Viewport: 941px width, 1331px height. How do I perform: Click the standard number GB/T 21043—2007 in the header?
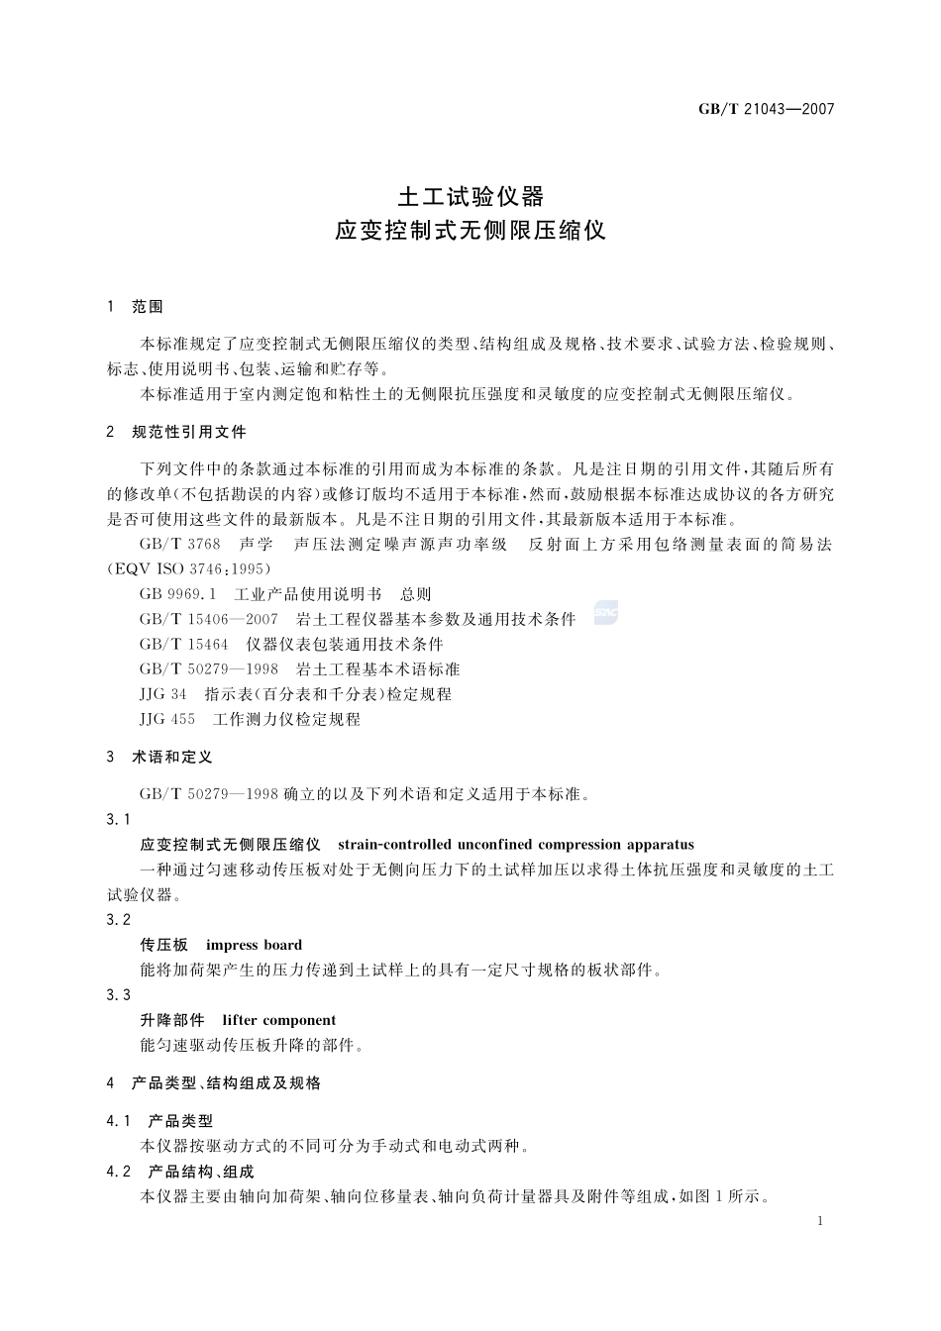pyautogui.click(x=767, y=109)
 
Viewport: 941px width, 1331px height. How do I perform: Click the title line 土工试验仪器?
pyautogui.click(x=470, y=194)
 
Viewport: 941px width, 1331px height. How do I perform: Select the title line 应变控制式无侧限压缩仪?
pyautogui.click(x=470, y=231)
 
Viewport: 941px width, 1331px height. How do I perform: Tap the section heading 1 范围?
pyautogui.click(x=135, y=307)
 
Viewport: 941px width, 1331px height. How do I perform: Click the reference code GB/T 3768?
pyautogui.click(x=180, y=544)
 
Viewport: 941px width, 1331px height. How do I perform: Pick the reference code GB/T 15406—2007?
pyautogui.click(x=209, y=619)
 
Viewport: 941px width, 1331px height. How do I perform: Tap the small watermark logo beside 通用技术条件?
pyautogui.click(x=606, y=613)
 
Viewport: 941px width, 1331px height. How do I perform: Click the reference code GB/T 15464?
pyautogui.click(x=184, y=644)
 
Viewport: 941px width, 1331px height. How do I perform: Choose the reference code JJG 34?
pyautogui.click(x=163, y=694)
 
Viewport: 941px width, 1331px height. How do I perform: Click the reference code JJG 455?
pyautogui.click(x=167, y=719)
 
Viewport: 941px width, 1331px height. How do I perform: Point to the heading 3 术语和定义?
pyautogui.click(x=159, y=757)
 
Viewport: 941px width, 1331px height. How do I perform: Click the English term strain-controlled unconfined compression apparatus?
pyautogui.click(x=515, y=845)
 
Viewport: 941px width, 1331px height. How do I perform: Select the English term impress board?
pyautogui.click(x=254, y=945)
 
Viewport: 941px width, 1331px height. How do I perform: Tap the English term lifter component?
pyautogui.click(x=278, y=1020)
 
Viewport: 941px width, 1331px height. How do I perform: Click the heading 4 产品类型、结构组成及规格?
pyautogui.click(x=214, y=1083)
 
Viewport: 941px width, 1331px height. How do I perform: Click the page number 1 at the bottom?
pyautogui.click(x=821, y=1221)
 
